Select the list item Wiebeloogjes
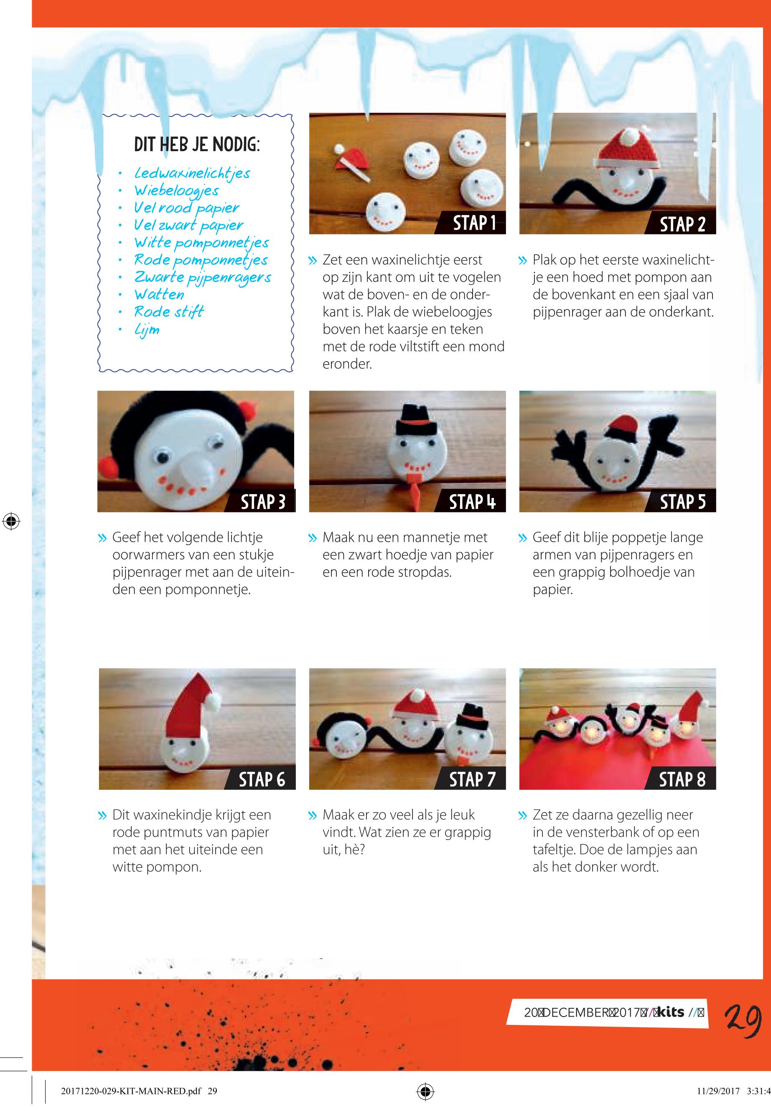tap(176, 191)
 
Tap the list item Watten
tap(159, 294)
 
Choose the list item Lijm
tap(147, 330)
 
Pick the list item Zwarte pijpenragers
tap(202, 278)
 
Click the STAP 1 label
tap(474, 223)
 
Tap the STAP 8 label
tap(682, 779)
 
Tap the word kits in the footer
tap(671, 1012)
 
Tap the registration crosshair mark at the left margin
tap(10, 521)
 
